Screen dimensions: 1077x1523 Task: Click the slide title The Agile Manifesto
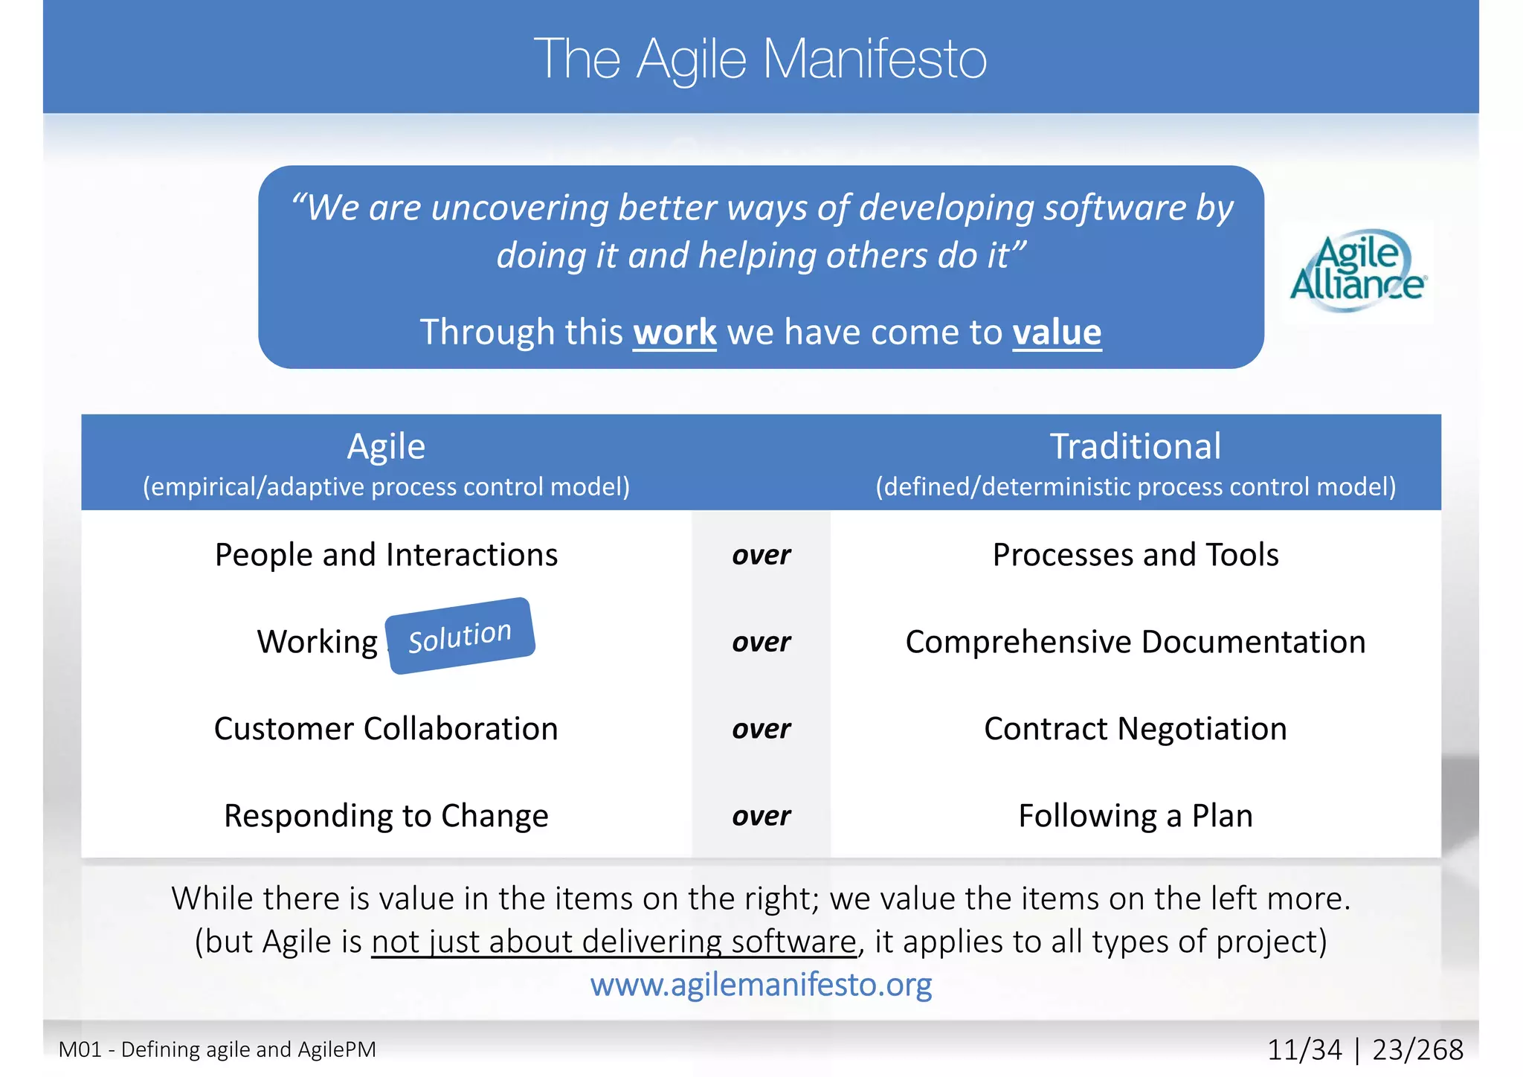[x=760, y=59]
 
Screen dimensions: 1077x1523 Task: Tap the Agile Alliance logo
[x=1357, y=271]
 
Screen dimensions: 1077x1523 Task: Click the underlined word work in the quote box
[x=674, y=332]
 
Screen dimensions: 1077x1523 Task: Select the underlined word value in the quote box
[x=1057, y=332]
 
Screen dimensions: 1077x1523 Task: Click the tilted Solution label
[x=460, y=637]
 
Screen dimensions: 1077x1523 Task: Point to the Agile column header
[x=386, y=447]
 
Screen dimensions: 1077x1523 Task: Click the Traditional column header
[x=1135, y=447]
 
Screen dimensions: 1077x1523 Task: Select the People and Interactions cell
[x=386, y=555]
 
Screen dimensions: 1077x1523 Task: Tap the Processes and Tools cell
[x=1135, y=555]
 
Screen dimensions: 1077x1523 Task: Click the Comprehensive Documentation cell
[x=1135, y=642]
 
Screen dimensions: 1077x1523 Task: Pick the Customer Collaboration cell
[x=386, y=729]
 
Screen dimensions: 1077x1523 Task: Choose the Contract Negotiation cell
[x=1135, y=729]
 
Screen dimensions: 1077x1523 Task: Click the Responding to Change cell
[x=386, y=816]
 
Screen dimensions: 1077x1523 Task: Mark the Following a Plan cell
[x=1135, y=816]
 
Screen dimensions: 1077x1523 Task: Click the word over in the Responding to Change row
[x=761, y=816]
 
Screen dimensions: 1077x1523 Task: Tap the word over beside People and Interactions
[x=761, y=555]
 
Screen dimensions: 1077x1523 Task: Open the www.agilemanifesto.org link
[x=761, y=985]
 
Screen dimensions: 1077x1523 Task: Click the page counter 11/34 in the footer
[x=1304, y=1049]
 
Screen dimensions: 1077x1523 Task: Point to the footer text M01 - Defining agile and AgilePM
[x=217, y=1049]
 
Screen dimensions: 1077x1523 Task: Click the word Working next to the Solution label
[x=318, y=642]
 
